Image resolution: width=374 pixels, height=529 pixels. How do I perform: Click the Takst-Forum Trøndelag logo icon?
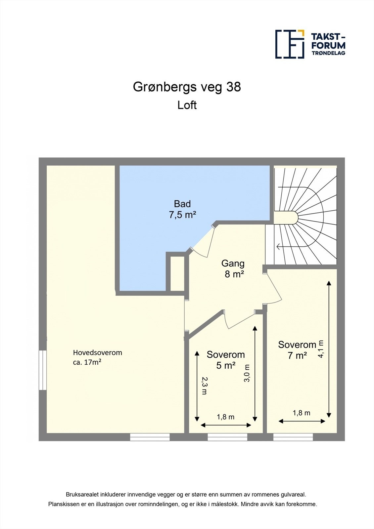tap(290, 44)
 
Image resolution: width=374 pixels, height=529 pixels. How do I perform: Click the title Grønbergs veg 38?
tap(187, 87)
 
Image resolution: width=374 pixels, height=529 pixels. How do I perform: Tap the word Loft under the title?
tap(187, 105)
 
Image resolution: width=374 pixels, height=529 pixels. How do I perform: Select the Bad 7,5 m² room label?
tap(182, 209)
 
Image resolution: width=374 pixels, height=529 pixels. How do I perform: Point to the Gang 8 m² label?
tap(233, 268)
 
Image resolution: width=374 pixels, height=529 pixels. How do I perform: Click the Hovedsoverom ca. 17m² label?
tap(97, 357)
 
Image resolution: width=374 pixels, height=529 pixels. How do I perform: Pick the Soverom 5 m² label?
tap(226, 360)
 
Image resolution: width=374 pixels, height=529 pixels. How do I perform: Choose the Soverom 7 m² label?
tap(297, 350)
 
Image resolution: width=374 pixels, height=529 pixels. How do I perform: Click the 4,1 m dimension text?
tap(321, 349)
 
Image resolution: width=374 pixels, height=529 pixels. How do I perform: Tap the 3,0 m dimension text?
tap(247, 373)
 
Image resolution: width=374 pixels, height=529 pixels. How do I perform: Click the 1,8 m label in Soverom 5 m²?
tap(225, 417)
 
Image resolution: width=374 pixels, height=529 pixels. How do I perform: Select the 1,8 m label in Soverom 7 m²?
tap(302, 413)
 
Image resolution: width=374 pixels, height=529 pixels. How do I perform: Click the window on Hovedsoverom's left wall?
tap(42, 370)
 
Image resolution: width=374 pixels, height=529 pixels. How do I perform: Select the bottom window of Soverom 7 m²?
tap(293, 437)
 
